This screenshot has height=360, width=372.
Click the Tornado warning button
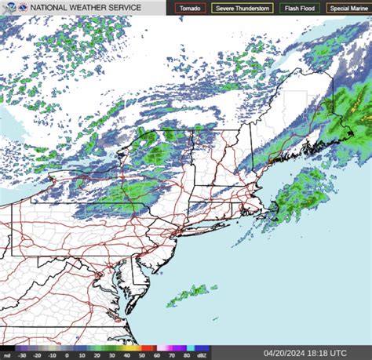point(191,9)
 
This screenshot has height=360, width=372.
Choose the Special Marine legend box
point(349,9)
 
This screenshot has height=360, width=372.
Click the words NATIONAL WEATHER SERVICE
point(86,8)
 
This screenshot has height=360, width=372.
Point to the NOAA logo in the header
point(10,8)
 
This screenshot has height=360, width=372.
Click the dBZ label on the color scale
point(202,355)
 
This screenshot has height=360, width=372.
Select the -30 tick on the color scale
point(22,355)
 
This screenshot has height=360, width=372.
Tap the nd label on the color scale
point(6,355)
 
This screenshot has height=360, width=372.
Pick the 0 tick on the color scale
point(67,355)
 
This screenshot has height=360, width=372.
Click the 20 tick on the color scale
point(97,355)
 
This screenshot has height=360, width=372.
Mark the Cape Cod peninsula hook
point(272,205)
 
